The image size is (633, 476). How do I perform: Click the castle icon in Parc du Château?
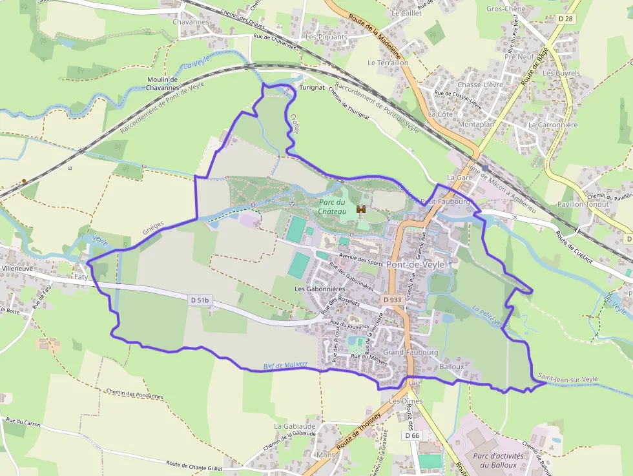(360, 210)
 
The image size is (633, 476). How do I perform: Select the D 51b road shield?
(201, 300)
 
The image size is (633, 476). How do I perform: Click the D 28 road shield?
(564, 19)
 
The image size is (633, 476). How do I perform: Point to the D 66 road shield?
(413, 436)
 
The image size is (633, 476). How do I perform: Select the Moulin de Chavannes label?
(162, 83)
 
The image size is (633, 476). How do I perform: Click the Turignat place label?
(312, 87)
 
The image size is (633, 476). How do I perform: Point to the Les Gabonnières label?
(320, 289)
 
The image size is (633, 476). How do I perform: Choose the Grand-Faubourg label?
(410, 353)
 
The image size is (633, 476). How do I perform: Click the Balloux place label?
(451, 366)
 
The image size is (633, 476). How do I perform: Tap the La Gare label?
(460, 177)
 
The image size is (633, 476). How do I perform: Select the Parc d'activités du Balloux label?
(497, 460)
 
